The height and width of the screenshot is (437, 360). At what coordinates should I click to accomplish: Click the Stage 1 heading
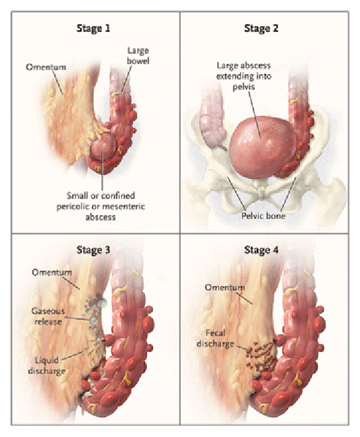tap(93, 28)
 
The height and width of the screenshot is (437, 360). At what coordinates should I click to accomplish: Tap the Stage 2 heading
tap(261, 28)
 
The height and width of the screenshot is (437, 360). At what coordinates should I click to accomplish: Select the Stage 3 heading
tap(93, 250)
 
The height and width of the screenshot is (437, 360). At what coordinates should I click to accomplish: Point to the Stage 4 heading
tap(261, 250)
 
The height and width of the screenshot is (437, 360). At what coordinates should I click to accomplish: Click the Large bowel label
tap(138, 56)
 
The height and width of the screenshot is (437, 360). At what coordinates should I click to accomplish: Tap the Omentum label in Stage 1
tap(46, 67)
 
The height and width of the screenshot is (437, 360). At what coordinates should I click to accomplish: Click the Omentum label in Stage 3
tap(52, 272)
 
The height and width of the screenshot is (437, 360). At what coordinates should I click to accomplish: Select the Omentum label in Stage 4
tap(225, 287)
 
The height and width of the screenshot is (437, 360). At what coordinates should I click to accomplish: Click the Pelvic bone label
tap(263, 216)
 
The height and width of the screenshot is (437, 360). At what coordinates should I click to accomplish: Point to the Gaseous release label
tap(48, 316)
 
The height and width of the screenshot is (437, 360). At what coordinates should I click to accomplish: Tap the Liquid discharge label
tap(47, 365)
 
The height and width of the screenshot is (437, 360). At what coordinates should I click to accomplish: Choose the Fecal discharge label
tap(215, 338)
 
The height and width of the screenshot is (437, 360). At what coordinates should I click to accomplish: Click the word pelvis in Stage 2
tap(244, 87)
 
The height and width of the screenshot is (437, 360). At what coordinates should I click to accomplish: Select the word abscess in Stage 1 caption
tap(101, 217)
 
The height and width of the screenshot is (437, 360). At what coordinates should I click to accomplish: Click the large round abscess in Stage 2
tap(262, 146)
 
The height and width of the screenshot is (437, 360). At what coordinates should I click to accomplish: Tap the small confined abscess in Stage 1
tap(103, 146)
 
